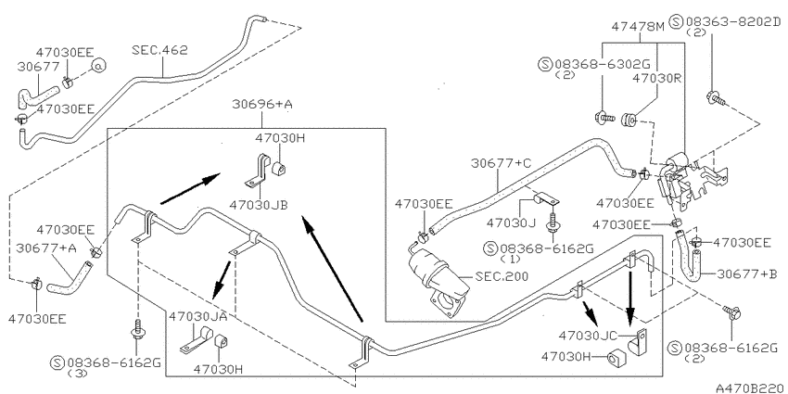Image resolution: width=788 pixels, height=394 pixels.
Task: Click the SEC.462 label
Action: [159, 50]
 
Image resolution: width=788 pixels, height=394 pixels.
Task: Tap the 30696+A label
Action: [262, 105]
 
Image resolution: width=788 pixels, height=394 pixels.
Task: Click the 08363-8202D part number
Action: [732, 21]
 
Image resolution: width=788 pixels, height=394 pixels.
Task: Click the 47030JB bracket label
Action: [259, 205]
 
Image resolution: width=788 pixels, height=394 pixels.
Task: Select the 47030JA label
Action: [198, 316]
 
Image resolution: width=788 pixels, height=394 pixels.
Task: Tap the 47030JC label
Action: [588, 336]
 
